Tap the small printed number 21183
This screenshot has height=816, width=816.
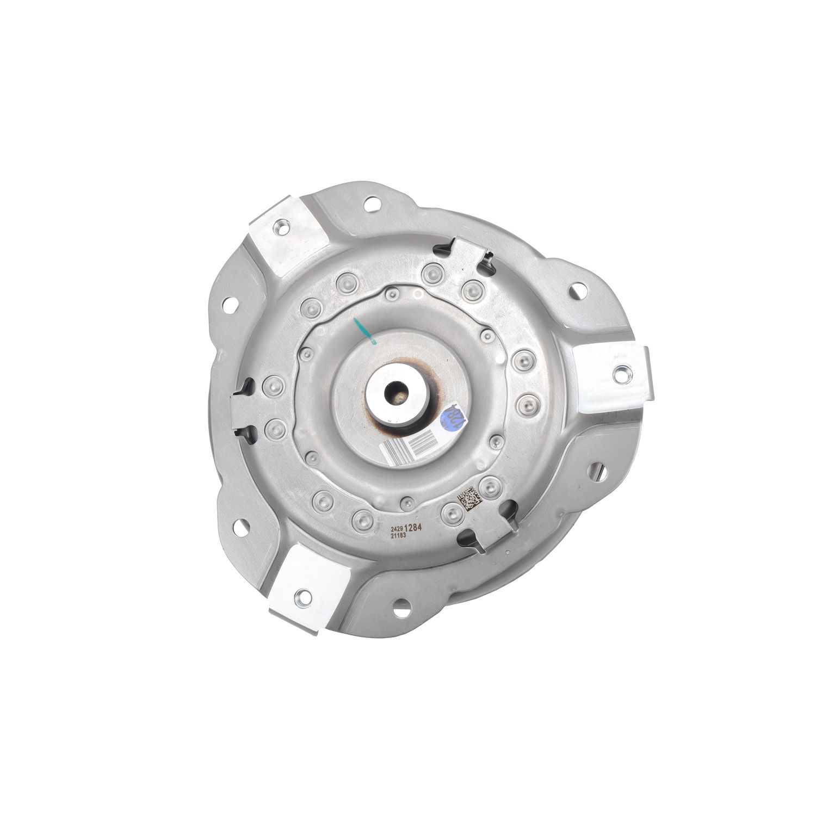pyautogui.click(x=399, y=535)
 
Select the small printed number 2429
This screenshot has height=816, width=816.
pyautogui.click(x=398, y=528)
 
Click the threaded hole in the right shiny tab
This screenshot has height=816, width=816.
pyautogui.click(x=620, y=373)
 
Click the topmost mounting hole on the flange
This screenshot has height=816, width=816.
pyautogui.click(x=372, y=205)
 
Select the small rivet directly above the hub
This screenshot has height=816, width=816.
pyautogui.click(x=390, y=294)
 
